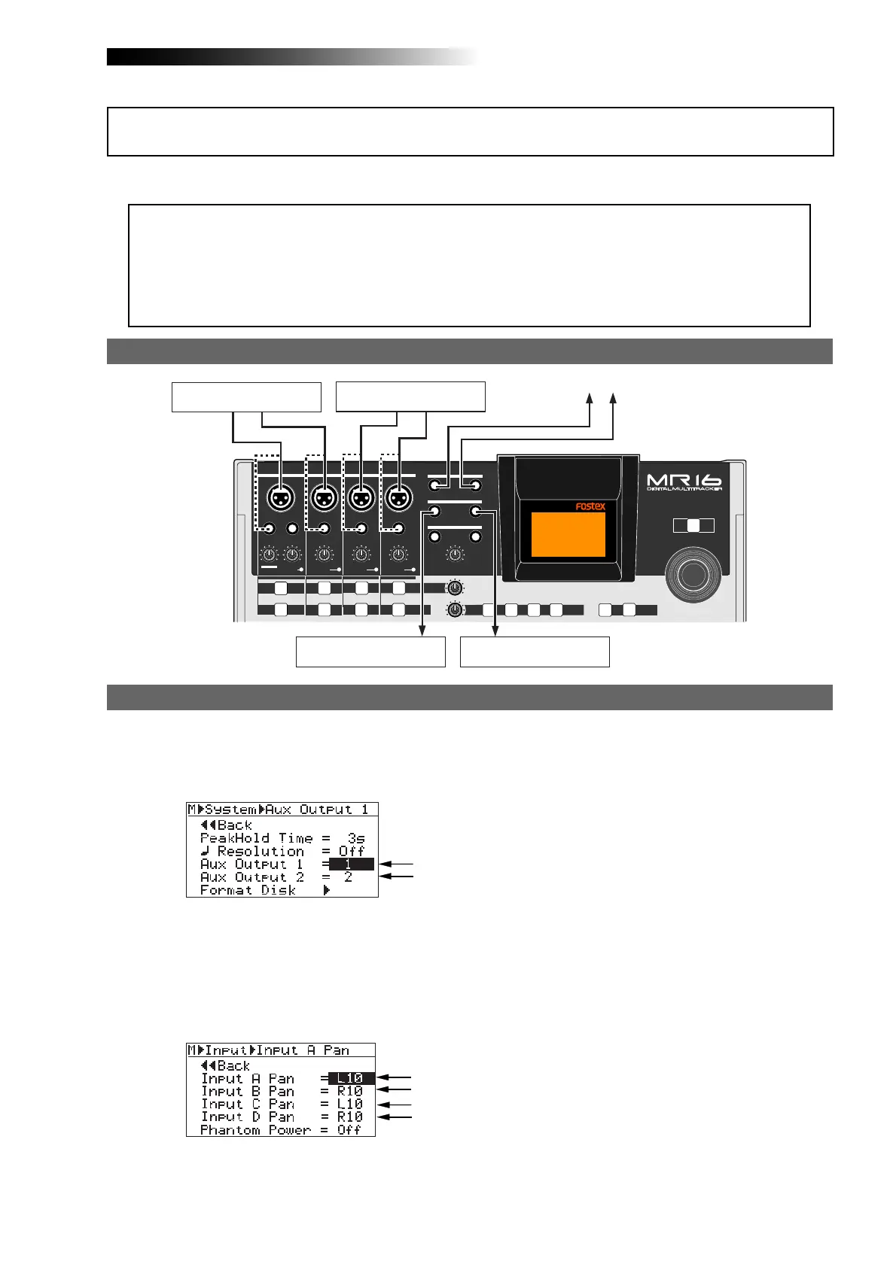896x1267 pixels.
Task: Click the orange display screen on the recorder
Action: pos(568,534)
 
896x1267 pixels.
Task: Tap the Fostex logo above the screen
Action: pos(590,506)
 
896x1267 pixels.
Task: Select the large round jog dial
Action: pos(693,574)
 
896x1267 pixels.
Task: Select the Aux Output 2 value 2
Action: pos(348,877)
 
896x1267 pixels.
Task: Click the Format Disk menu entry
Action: pos(248,890)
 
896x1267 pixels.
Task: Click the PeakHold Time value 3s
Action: pos(355,838)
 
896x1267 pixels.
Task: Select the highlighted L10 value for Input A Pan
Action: pos(351,1079)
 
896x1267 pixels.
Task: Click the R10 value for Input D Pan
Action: pos(349,1117)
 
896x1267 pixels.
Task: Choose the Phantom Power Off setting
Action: pos(349,1130)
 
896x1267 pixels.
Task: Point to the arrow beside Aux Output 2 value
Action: pos(396,877)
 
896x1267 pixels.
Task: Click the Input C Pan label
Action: pos(248,1104)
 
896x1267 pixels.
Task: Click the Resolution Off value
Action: pos(351,852)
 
